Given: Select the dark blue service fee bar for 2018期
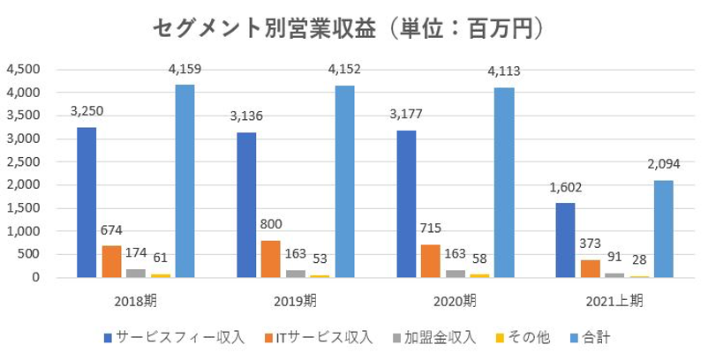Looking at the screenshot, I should (x=87, y=202).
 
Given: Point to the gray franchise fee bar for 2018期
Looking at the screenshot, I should (x=136, y=273).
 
